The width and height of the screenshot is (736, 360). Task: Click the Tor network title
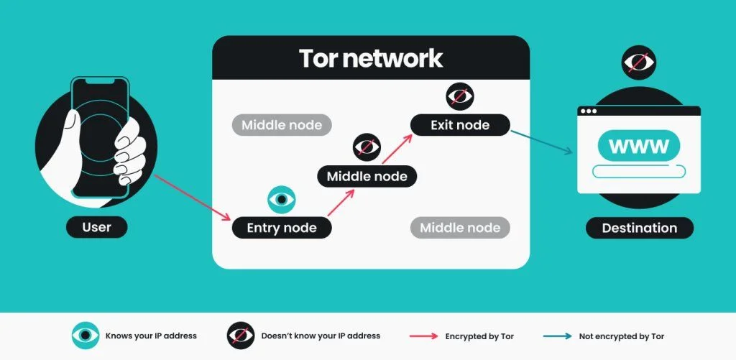(x=371, y=57)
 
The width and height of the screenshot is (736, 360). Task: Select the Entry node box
(x=282, y=228)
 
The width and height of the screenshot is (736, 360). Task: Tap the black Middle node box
(x=367, y=176)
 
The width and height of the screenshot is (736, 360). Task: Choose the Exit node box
(x=460, y=125)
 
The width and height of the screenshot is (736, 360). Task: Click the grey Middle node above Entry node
(x=281, y=125)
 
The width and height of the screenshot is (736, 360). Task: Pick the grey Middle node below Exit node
(x=460, y=228)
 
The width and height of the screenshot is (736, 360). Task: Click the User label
(x=96, y=227)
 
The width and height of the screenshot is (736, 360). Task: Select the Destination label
(x=639, y=228)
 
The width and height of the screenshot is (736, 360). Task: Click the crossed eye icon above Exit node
(x=459, y=96)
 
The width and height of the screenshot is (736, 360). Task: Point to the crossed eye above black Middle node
(x=367, y=147)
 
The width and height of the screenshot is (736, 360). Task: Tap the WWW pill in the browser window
(x=638, y=146)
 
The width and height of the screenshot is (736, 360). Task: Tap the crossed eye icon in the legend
(x=240, y=336)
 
